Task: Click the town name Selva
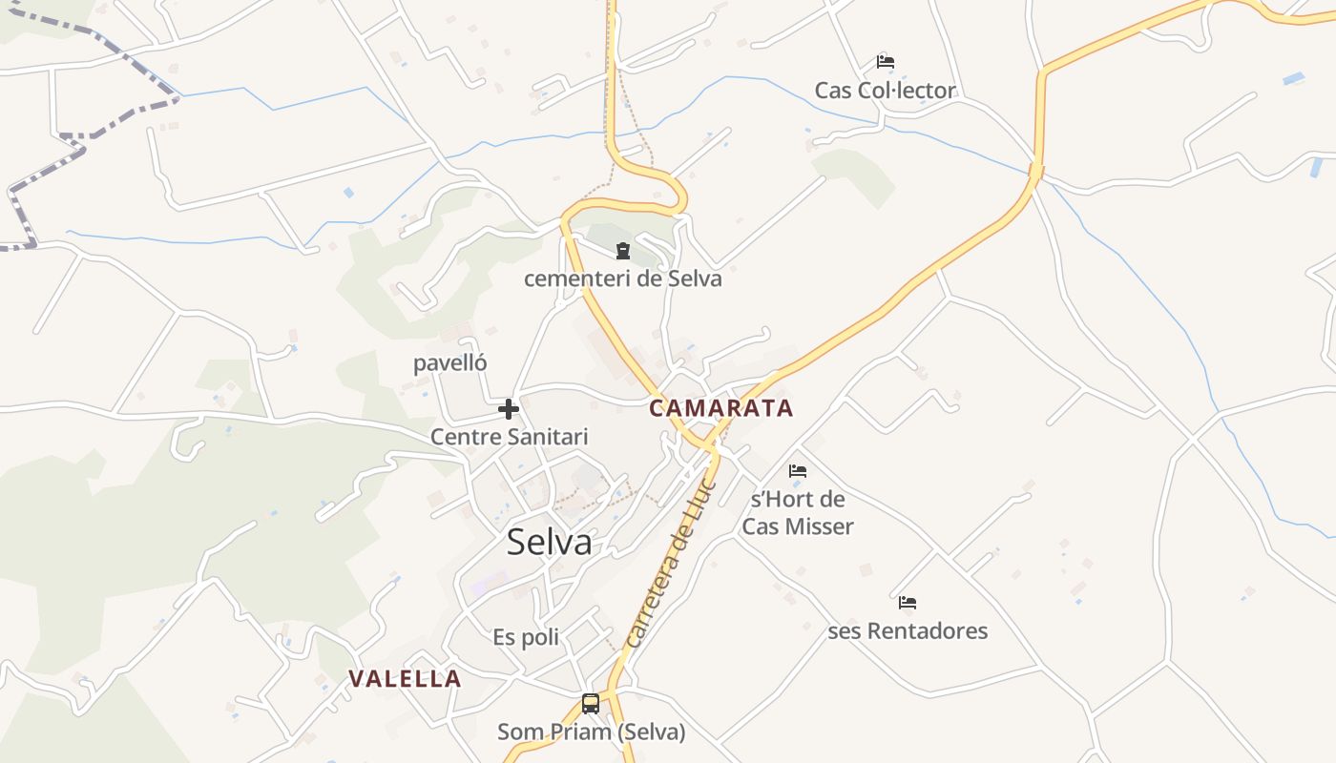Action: pos(549,542)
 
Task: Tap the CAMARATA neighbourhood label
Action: pos(720,408)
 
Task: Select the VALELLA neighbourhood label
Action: pos(405,679)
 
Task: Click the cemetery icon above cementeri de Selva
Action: pos(623,251)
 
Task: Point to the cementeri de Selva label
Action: pos(622,279)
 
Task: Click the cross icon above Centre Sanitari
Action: pos(509,409)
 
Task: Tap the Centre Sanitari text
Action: pos(509,437)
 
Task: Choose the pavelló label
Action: pos(450,363)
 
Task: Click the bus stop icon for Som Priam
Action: pos(591,704)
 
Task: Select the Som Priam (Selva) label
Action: pos(591,732)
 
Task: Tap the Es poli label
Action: pos(526,637)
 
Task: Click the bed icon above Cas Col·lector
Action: pos(886,62)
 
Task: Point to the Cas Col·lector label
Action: pos(885,91)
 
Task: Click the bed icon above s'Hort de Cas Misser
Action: pos(798,470)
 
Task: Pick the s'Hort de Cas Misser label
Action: pos(798,512)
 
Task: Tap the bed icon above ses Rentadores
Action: pos(908,603)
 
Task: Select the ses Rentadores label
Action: pos(908,631)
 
